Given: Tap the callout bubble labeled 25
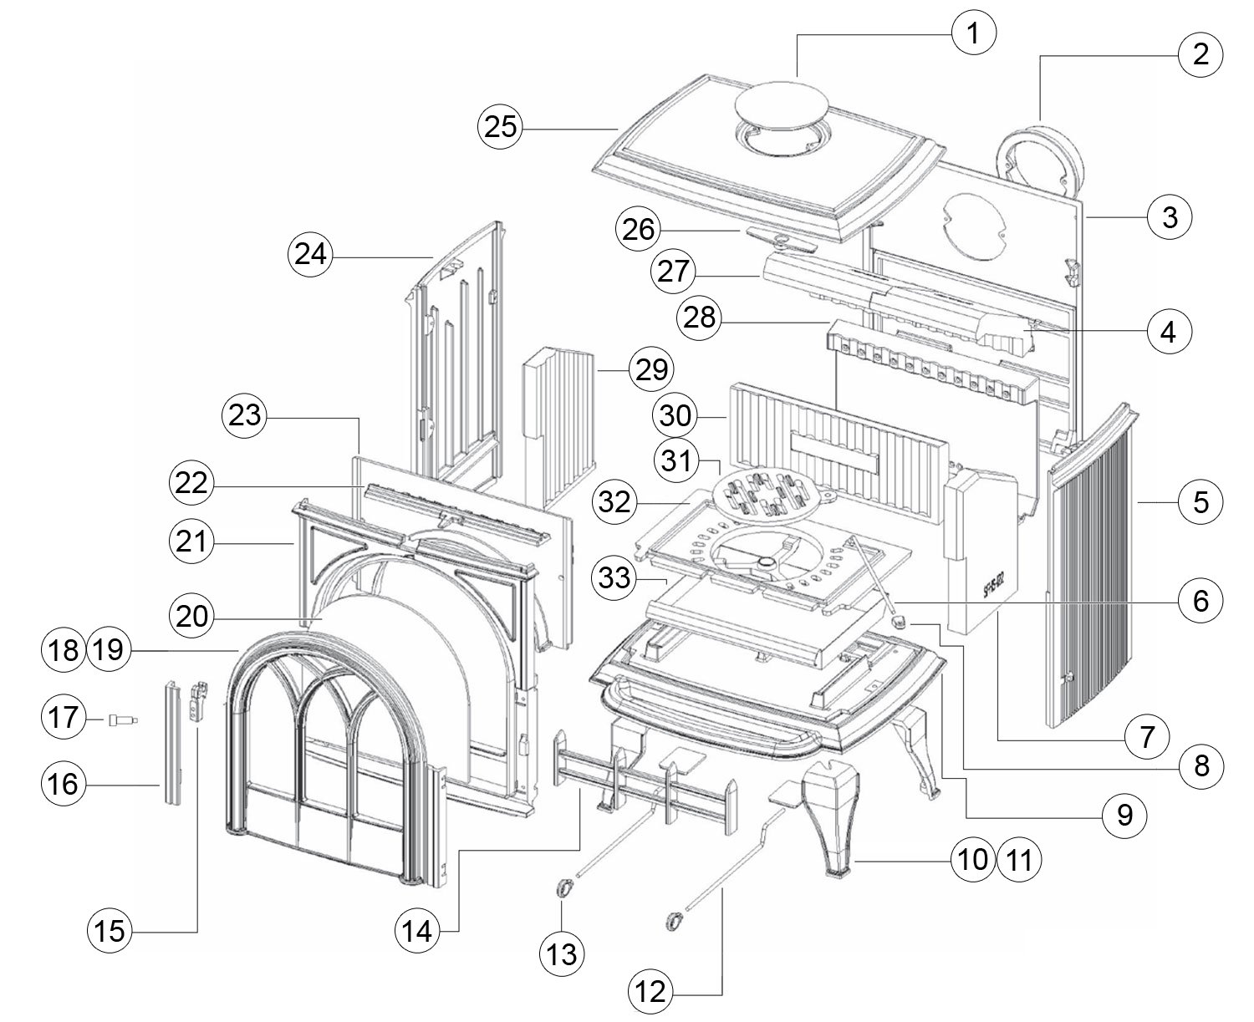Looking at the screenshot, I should click(500, 129).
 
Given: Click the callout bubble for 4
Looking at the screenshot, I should click(1169, 332).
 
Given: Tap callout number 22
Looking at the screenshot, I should click(193, 485).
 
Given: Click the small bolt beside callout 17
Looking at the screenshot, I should click(122, 719).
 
